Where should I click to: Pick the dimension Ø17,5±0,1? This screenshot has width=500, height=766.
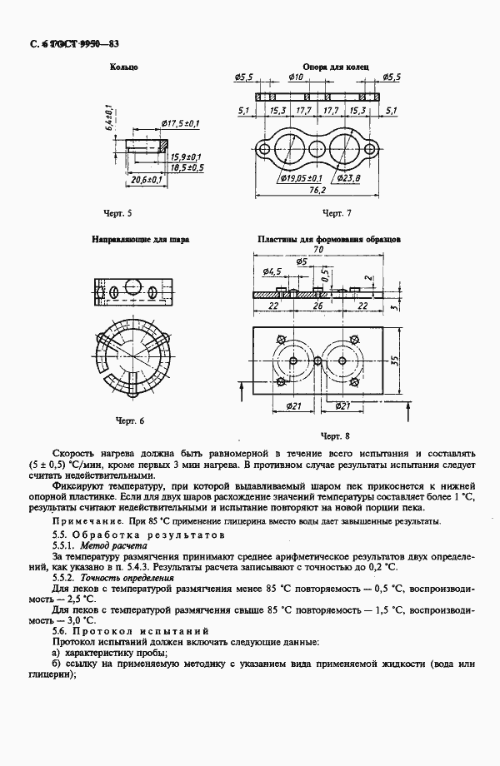(x=179, y=124)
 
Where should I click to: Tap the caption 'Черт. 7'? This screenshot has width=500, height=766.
(x=337, y=214)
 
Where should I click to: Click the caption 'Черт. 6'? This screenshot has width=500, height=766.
(x=129, y=420)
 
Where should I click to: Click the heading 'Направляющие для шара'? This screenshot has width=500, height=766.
(x=140, y=239)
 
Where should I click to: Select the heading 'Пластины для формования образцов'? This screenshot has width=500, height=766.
(x=329, y=239)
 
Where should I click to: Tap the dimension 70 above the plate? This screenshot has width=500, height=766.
(x=318, y=249)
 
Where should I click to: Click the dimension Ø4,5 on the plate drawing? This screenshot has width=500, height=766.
(x=271, y=272)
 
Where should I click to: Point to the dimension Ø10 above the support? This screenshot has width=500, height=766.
(x=295, y=77)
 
